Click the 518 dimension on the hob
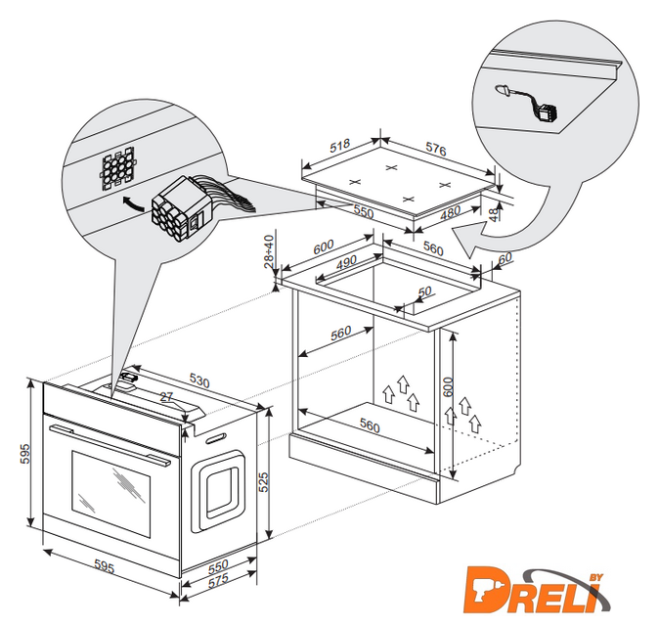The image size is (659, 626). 339,146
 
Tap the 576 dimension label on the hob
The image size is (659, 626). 436,149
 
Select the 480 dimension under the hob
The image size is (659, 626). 450,212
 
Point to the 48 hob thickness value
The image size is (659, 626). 495,213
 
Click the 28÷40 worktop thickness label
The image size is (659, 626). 269,251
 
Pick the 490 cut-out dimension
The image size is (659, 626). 347,262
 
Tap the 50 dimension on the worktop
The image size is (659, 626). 424,291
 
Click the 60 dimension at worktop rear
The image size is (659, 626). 505,257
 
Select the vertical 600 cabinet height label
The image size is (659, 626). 449,386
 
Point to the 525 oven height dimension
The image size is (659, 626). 263,482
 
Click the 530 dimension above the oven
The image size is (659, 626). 199,380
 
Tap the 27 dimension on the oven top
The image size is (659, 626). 166,396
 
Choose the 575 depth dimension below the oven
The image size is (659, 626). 219,579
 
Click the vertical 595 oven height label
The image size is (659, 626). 25,454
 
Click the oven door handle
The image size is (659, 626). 110,445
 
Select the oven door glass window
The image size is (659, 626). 110,494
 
